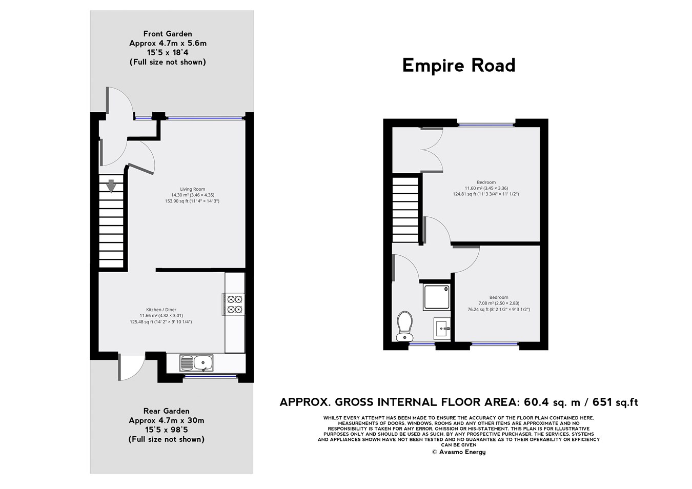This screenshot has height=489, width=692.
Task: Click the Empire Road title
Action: (458, 66)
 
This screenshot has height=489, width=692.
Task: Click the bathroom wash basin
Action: (441, 329)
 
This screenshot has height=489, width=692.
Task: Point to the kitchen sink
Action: (196, 363)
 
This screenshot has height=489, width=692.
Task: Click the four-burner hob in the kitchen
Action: (234, 303)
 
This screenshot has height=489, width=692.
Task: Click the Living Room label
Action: (192, 189)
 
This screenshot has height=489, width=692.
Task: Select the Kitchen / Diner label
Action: (161, 310)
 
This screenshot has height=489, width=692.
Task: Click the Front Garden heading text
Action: (168, 34)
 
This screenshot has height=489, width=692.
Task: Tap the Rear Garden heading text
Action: (166, 411)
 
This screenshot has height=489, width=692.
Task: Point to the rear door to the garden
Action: (130, 367)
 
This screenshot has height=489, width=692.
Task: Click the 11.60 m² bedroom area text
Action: (485, 188)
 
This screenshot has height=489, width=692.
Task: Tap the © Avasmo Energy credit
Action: (458, 452)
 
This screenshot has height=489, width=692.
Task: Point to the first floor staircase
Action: (406, 209)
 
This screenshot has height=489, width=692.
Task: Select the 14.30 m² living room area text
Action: (192, 195)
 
